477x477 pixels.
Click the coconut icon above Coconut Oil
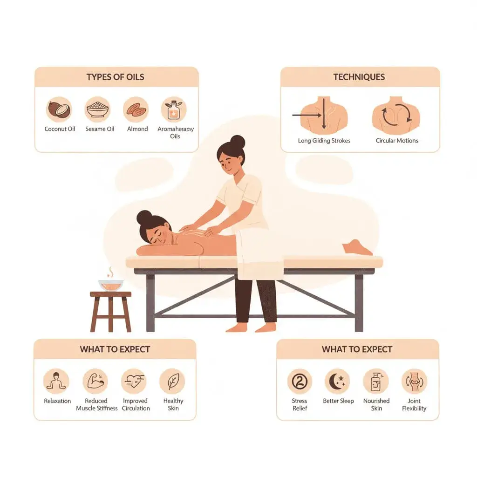[59, 109]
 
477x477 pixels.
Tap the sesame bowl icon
[98, 109]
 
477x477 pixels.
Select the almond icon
[136, 109]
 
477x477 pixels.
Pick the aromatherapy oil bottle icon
[174, 109]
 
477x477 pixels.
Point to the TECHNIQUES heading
[359, 77]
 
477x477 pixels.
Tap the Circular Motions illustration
[396, 115]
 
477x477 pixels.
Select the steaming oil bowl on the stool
[111, 284]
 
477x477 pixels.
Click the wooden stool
[111, 310]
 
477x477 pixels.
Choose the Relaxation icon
[56, 382]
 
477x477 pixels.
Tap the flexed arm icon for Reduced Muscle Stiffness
[95, 382]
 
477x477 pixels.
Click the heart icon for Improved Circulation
[134, 382]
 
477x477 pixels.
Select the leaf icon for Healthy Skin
[172, 382]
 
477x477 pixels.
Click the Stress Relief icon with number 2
[300, 382]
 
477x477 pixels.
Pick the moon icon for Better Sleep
[338, 382]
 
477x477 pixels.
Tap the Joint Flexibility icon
[414, 382]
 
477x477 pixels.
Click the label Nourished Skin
[376, 404]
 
